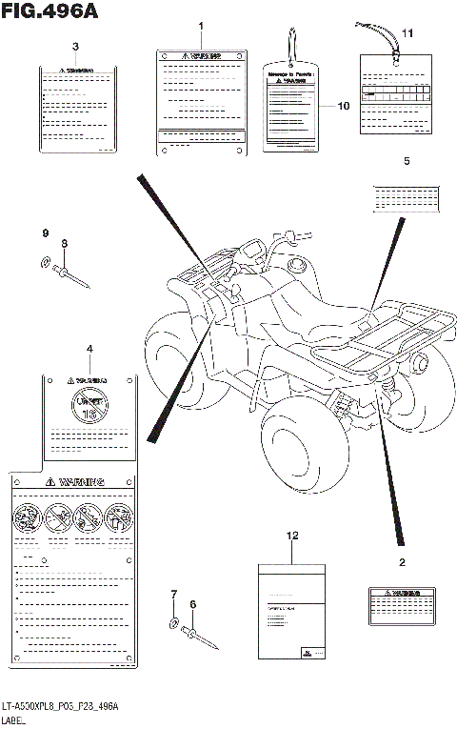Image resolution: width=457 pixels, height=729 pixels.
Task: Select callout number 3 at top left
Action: point(75,47)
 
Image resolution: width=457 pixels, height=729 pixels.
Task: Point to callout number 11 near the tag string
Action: point(407,34)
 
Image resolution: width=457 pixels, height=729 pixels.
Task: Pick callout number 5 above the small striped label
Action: point(407,162)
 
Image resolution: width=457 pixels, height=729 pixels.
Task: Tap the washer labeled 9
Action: point(47,262)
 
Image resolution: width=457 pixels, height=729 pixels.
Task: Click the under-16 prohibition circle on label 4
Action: point(89,404)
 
